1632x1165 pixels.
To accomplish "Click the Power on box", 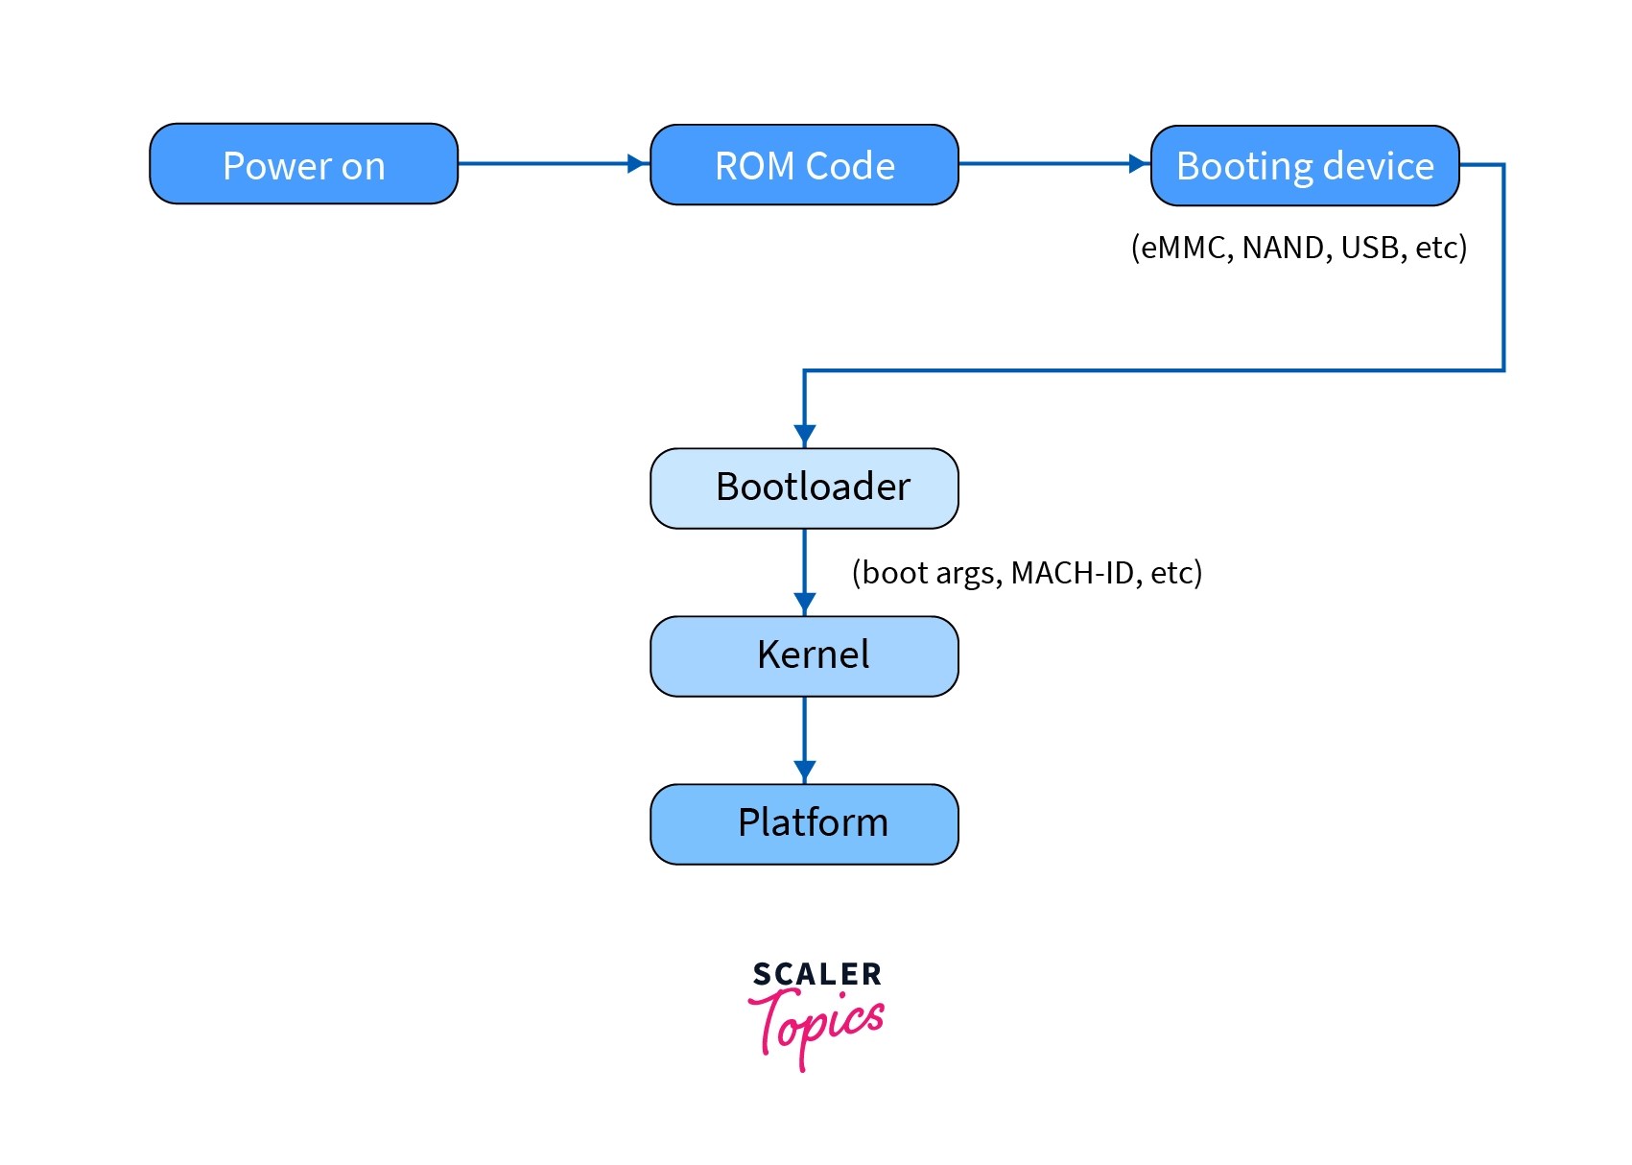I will click(303, 164).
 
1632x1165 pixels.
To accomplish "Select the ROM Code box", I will click(804, 165).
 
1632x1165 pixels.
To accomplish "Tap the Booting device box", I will click(1304, 166).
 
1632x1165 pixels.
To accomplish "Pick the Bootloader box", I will click(804, 487).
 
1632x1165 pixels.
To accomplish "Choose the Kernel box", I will click(804, 655).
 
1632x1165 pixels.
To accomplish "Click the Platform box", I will click(804, 823).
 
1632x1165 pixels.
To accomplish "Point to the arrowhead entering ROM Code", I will click(638, 164).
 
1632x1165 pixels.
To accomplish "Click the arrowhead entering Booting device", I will click(1139, 164).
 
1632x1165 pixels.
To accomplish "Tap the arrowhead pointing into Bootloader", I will click(804, 436).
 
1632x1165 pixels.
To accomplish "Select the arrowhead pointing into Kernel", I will click(804, 604).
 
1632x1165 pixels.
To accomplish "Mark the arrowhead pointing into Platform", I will click(804, 772).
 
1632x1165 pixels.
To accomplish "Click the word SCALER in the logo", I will click(816, 975).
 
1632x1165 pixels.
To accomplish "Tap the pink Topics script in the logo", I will click(816, 1025).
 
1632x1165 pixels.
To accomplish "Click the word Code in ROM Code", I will click(851, 166).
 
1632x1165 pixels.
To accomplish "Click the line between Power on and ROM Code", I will click(542, 164).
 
